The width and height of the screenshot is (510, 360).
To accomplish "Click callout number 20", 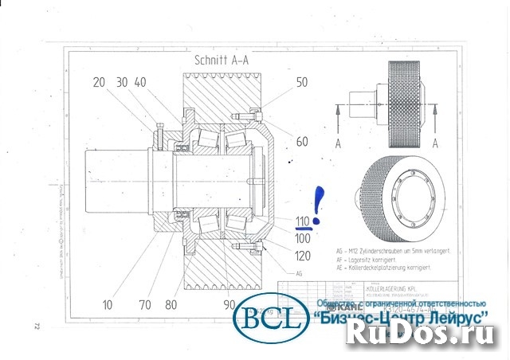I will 99,83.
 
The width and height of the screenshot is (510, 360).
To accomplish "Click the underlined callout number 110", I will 302,221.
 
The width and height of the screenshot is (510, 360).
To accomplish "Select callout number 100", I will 302,237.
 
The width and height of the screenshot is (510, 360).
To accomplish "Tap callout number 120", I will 302,256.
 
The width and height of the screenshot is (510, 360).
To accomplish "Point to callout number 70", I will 146,304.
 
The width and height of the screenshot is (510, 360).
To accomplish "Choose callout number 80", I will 171,304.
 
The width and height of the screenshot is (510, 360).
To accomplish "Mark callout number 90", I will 230,304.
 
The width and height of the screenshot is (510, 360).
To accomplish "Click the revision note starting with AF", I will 375,260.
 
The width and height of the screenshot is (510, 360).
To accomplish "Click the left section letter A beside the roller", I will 339,143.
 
